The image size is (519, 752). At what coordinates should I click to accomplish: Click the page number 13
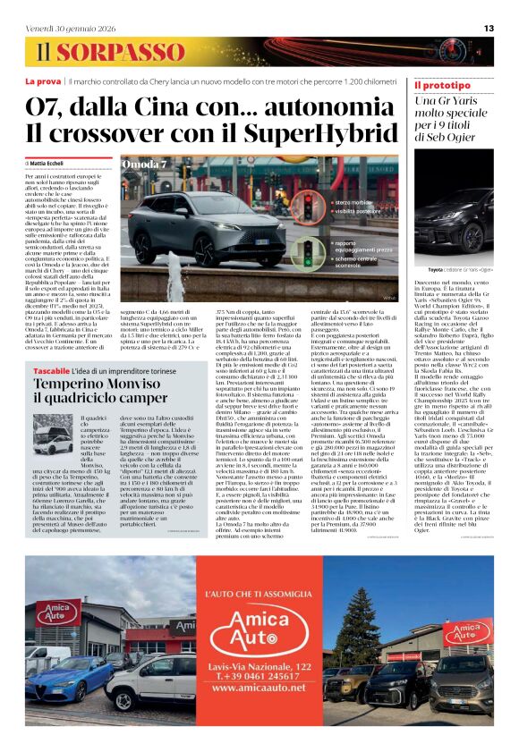pos(489,29)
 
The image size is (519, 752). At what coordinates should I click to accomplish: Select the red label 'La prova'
pos(43,81)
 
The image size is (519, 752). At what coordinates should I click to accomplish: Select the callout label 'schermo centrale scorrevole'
pos(363,261)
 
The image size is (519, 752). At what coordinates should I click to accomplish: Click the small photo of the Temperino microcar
pos(53,443)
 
